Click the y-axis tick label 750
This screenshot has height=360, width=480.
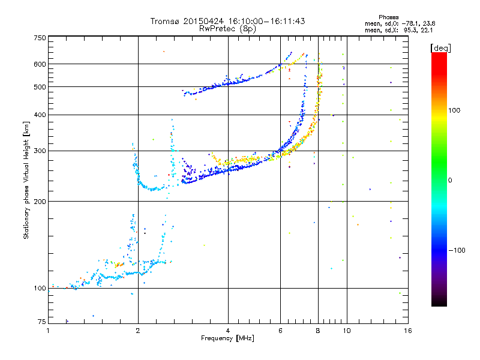tap(40, 38)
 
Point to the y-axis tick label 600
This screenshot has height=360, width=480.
tap(40, 64)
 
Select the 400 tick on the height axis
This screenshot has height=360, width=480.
tap(40, 115)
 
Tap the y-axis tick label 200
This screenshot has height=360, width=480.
tap(40, 202)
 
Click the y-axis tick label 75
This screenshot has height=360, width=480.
tap(41, 323)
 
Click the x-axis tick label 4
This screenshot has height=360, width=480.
tap(228, 331)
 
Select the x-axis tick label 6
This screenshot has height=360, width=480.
tap(280, 331)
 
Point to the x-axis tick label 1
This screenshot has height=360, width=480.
tap(48, 331)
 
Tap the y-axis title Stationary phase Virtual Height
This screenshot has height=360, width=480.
tap(26, 180)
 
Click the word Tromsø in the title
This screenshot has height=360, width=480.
tap(166, 21)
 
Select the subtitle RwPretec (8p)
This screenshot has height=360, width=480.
tap(228, 28)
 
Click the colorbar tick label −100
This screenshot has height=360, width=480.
tap(457, 250)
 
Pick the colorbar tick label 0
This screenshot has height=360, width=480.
tap(451, 180)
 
